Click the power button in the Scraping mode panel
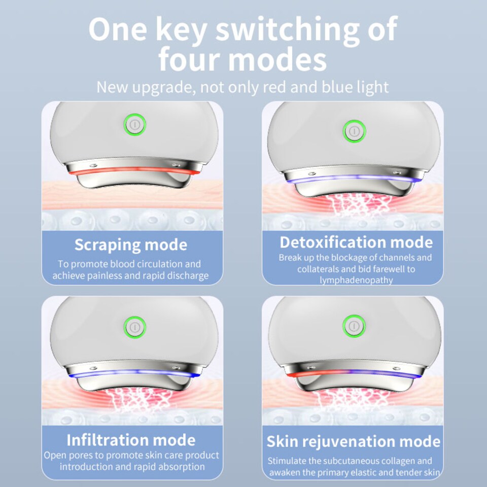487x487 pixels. click(x=134, y=124)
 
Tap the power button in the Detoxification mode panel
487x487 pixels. click(x=354, y=130)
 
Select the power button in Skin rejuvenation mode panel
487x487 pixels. click(x=354, y=325)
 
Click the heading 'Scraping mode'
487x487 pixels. click(x=131, y=245)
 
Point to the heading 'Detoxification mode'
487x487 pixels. click(x=356, y=241)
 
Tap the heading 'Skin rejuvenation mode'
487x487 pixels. click(x=354, y=441)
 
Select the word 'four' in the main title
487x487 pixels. click(x=190, y=60)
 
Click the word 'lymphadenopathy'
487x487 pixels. click(x=356, y=280)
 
